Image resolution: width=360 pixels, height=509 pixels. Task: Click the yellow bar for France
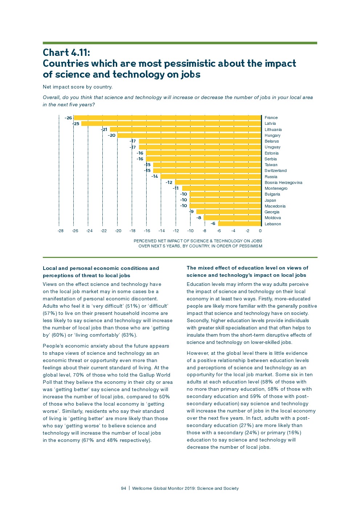pyautogui.click(x=168, y=118)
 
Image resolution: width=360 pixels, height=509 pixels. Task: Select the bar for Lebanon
pyautogui.click(x=240, y=223)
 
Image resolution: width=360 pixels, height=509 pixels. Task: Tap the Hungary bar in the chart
pyautogui.click(x=189, y=135)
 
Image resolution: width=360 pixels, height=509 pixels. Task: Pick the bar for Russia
pyautogui.click(x=211, y=177)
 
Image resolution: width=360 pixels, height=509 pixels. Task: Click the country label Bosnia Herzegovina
pyautogui.click(x=283, y=182)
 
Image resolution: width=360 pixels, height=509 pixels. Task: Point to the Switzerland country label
pyautogui.click(x=275, y=171)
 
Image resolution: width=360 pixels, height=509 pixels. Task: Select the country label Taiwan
pyautogui.click(x=271, y=165)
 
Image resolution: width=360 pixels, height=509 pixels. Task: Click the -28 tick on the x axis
pyautogui.click(x=61, y=231)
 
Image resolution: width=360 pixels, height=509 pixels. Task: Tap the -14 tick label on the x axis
pyautogui.click(x=161, y=231)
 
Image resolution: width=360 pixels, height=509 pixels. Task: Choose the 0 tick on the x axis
pyautogui.click(x=260, y=231)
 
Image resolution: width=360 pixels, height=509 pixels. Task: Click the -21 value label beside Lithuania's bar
pyautogui.click(x=104, y=130)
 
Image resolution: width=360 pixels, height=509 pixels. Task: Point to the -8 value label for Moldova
pyautogui.click(x=199, y=218)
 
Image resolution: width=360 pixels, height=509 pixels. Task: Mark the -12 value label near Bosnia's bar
pyautogui.click(x=169, y=182)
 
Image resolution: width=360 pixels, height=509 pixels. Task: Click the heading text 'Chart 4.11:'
pyautogui.click(x=66, y=53)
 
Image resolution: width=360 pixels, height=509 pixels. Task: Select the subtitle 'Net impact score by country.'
pyautogui.click(x=78, y=87)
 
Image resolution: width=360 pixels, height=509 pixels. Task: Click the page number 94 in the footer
pyautogui.click(x=123, y=488)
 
